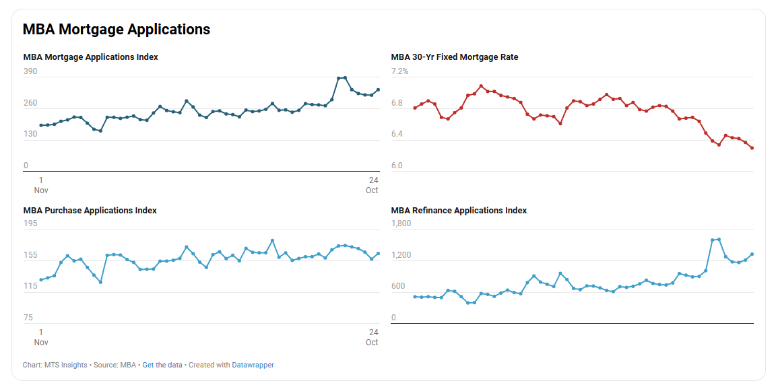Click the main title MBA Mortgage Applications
117,30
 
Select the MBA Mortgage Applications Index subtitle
90,57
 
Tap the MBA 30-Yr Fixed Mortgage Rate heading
455,57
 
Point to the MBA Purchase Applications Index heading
90,211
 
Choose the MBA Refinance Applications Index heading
459,211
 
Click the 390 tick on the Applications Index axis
30,71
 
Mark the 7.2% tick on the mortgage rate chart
400,71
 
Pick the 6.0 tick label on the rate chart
397,166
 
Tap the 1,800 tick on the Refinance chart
401,223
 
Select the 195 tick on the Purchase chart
30,223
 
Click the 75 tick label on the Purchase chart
28,318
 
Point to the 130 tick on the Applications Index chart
30,134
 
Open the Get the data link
162,365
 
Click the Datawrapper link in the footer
253,365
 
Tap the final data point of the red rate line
752,148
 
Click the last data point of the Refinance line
752,254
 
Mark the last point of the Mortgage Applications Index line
378,90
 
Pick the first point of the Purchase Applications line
41,280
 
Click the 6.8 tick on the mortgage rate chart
397,103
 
